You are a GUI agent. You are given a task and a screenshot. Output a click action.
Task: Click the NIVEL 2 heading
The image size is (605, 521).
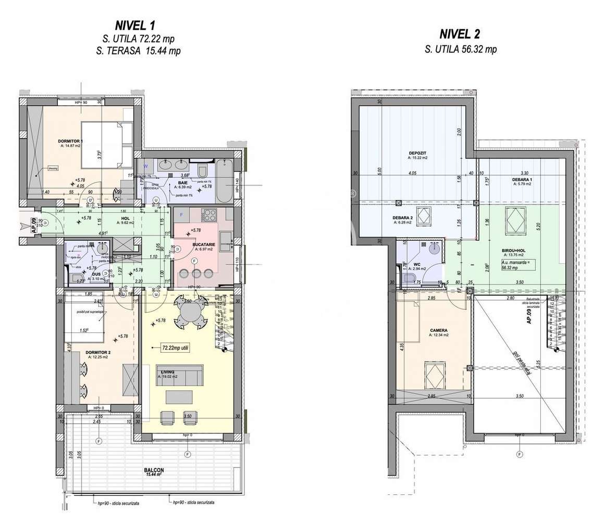click(x=460, y=34)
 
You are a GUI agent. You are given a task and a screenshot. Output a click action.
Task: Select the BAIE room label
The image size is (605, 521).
click(x=182, y=183)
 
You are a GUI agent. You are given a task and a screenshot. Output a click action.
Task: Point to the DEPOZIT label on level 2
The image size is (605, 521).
click(x=418, y=154)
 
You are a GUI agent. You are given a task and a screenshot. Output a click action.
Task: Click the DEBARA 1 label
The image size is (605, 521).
click(x=522, y=179)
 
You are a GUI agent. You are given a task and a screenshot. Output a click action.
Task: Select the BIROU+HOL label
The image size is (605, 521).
click(x=513, y=251)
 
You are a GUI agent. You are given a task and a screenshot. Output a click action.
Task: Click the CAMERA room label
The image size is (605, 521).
click(x=439, y=330)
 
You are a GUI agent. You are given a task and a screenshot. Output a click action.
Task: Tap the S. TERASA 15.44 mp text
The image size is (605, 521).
click(x=138, y=51)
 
